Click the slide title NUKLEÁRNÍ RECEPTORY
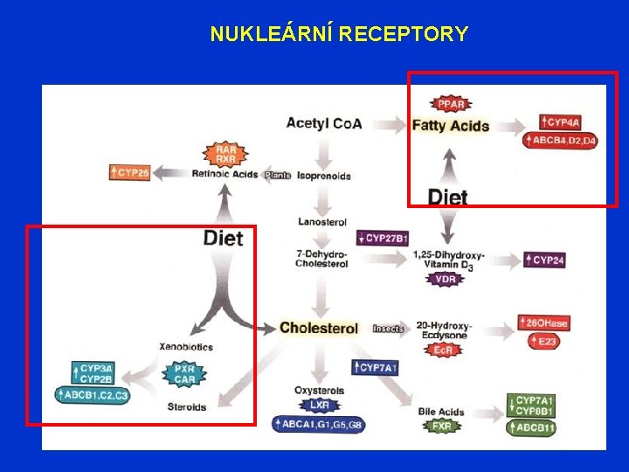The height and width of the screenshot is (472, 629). [x=339, y=34]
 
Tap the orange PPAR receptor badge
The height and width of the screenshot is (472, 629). [x=451, y=105]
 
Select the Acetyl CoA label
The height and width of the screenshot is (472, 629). [x=323, y=123]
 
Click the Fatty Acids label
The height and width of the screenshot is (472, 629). [x=450, y=126]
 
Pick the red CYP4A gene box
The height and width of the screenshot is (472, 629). [x=560, y=122]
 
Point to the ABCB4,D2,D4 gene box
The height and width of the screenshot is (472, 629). [x=560, y=140]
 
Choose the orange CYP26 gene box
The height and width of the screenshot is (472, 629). [x=130, y=173]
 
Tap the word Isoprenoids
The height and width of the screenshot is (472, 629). [x=323, y=176]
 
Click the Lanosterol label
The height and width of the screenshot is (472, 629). [x=323, y=222]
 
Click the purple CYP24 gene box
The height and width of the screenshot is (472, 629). [x=545, y=260]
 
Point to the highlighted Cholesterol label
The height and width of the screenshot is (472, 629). [x=319, y=329]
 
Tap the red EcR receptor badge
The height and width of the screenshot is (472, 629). [x=443, y=350]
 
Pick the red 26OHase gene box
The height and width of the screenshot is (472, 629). [x=543, y=323]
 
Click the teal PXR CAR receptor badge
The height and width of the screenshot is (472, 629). [x=184, y=374]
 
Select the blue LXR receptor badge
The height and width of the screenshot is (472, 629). [x=320, y=406]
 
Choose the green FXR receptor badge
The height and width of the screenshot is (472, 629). [x=442, y=427]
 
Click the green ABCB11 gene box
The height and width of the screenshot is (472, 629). [x=536, y=428]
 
